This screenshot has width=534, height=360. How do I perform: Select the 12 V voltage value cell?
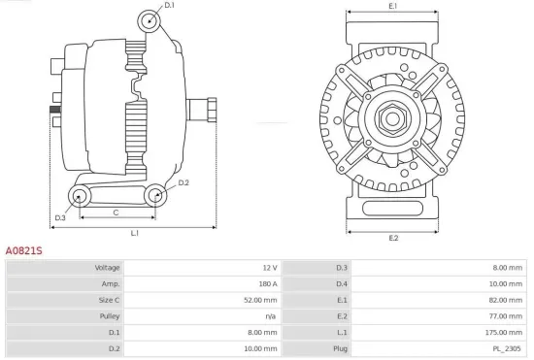[269, 267]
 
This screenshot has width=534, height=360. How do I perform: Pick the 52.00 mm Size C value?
[262, 300]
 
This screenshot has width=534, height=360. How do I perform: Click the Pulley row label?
[110, 316]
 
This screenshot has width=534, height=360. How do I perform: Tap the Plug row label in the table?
[341, 348]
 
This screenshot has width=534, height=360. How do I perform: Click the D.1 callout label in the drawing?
[170, 6]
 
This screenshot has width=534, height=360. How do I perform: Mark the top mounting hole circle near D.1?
[148, 21]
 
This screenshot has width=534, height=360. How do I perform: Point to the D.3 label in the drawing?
[60, 217]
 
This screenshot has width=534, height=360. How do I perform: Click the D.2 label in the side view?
[184, 182]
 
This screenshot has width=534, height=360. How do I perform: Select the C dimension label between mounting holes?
[116, 211]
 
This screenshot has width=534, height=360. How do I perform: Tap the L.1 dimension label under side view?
[134, 233]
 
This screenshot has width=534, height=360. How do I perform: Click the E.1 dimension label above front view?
[393, 7]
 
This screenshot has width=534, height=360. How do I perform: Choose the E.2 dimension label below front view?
[393, 238]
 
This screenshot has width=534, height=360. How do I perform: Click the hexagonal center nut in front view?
[393, 119]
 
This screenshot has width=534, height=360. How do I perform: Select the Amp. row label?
[111, 283]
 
